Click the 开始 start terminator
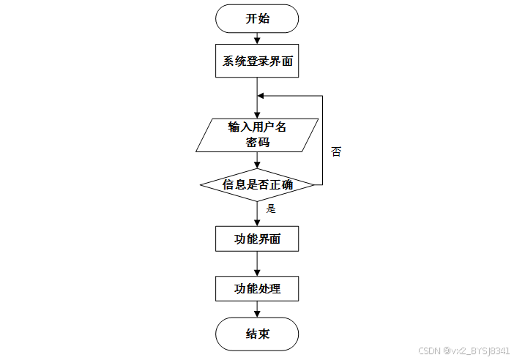(257, 19)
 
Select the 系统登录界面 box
(257, 61)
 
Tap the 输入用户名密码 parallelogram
(257, 135)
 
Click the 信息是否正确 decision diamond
(257, 184)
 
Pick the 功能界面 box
(257, 239)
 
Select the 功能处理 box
(257, 288)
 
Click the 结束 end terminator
(257, 334)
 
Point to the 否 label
(336, 152)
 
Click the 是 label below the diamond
(270, 209)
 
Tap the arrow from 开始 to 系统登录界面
(257, 39)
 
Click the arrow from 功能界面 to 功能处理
(257, 263)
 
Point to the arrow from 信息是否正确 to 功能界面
(257, 214)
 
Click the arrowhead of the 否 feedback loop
(261, 96)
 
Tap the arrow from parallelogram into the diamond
(257, 161)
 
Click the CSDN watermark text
(463, 351)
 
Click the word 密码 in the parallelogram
(257, 142)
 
